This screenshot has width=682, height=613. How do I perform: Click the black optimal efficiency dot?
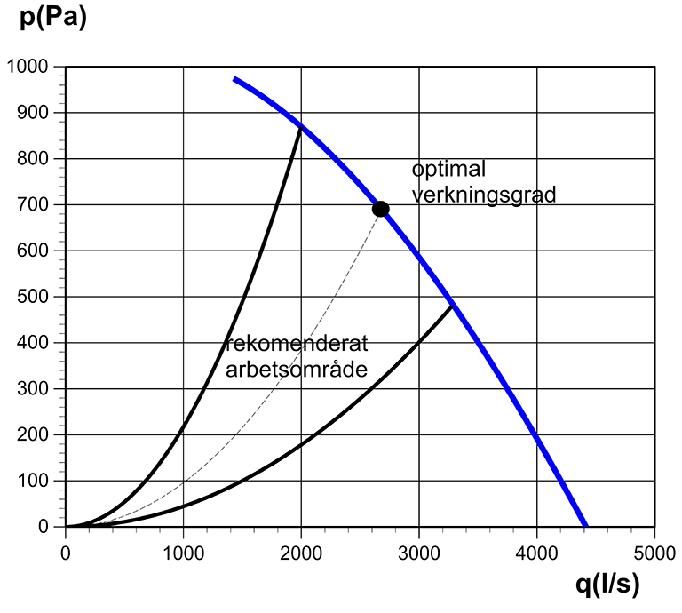pos(380,209)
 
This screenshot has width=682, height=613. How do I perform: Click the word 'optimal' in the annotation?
pos(448,170)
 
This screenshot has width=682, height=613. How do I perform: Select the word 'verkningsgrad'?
pos(483,194)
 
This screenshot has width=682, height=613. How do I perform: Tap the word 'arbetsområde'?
pos(296,369)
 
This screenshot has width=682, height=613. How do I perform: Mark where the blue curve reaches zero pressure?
pos(584,526)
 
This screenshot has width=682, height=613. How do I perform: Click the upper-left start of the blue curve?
pos(234,79)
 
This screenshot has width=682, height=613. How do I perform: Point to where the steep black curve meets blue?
pos(301,127)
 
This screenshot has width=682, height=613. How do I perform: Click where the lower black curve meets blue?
pos(453,306)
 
